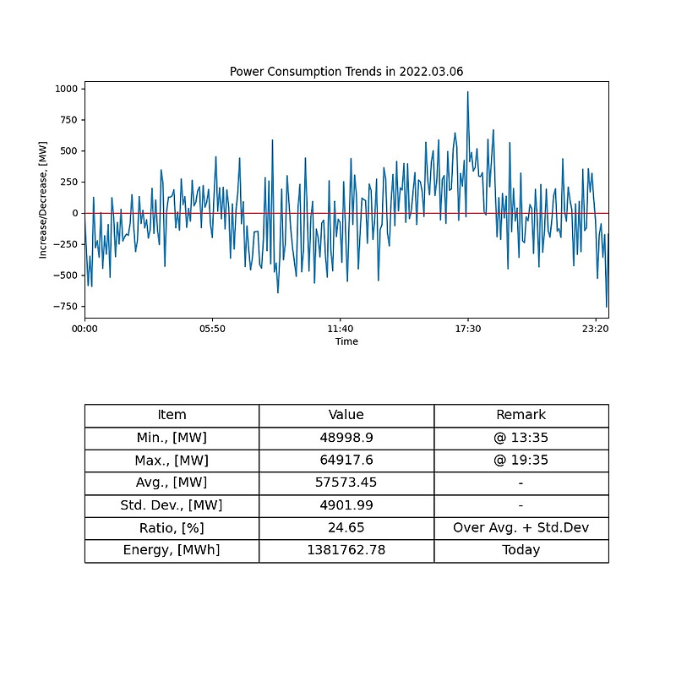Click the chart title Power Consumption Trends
pyautogui.click(x=346, y=72)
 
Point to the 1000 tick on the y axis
pyautogui.click(x=65, y=89)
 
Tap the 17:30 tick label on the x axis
pyautogui.click(x=468, y=329)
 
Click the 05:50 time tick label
pyautogui.click(x=212, y=329)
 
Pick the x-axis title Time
pyautogui.click(x=346, y=341)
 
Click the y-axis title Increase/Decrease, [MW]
pyautogui.click(x=43, y=199)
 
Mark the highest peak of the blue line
pyautogui.click(x=467, y=92)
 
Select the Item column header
pyautogui.click(x=172, y=415)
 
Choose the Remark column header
pyautogui.click(x=521, y=415)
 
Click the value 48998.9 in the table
pyautogui.click(x=346, y=438)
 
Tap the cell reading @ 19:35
pyautogui.click(x=521, y=461)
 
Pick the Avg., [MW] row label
pyautogui.click(x=172, y=482)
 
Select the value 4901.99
pyautogui.click(x=346, y=505)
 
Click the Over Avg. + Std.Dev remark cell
pyautogui.click(x=521, y=528)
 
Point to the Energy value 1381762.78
pyautogui.click(x=346, y=550)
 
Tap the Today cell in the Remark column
pyautogui.click(x=521, y=550)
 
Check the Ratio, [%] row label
pyautogui.click(x=172, y=528)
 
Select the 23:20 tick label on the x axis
pyautogui.click(x=596, y=329)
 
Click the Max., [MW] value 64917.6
pyautogui.click(x=346, y=461)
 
